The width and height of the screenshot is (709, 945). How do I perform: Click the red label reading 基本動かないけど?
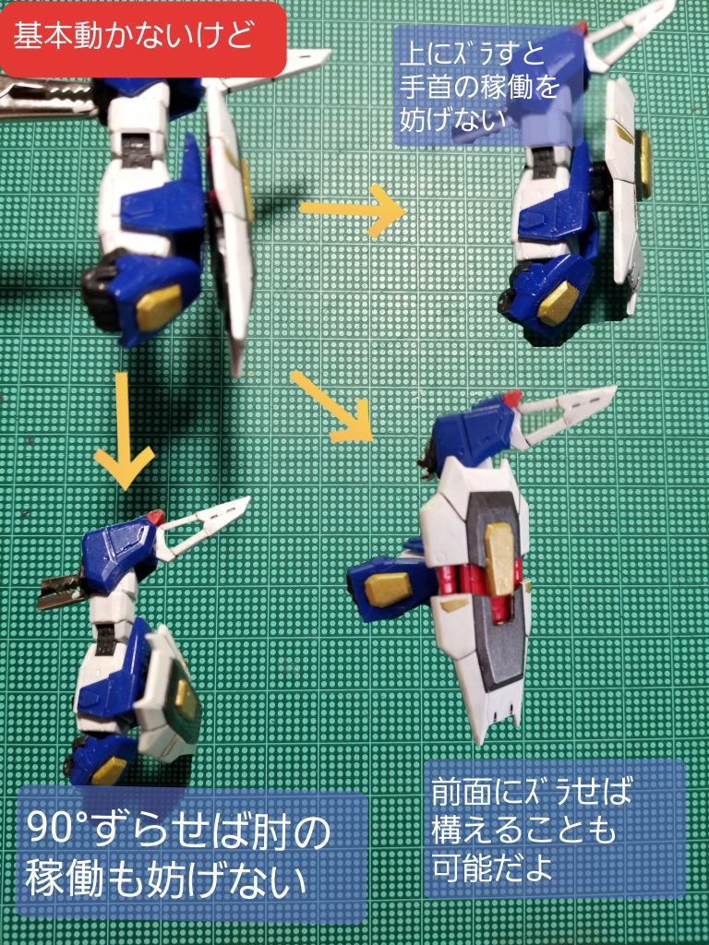tap(143, 39)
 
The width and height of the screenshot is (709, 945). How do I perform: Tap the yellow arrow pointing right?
tap(353, 210)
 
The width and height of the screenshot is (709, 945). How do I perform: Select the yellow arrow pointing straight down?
tap(124, 430)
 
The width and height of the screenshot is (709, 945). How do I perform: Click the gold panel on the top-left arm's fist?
tap(158, 307)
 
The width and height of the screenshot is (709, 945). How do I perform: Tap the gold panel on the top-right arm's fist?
tap(558, 303)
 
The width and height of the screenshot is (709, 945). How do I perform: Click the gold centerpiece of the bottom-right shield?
tap(499, 558)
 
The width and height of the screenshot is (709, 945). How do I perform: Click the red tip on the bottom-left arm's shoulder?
tap(155, 517)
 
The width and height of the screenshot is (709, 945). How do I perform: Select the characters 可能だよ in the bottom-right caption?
tap(492, 867)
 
